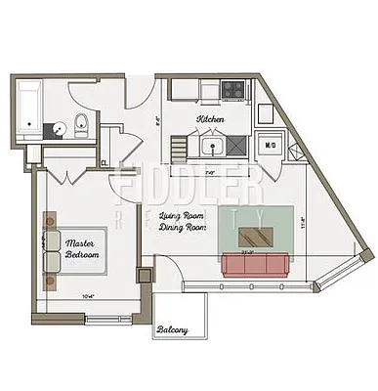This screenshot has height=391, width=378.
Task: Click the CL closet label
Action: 105,163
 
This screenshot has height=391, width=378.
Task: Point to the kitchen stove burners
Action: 233,90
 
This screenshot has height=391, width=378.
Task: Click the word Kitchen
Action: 210,119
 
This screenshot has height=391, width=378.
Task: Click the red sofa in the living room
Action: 252,264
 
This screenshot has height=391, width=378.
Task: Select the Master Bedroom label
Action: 82,248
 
